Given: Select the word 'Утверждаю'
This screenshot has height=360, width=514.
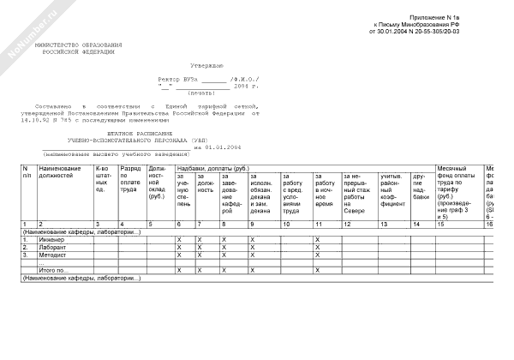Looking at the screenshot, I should pyautogui.click(x=206, y=65).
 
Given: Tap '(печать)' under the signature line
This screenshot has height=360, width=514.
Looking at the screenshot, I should pyautogui.click(x=202, y=92).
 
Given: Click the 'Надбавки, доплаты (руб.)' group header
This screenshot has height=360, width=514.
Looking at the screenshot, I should pyautogui.click(x=212, y=168).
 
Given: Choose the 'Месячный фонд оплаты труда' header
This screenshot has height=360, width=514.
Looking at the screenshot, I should pyautogui.click(x=454, y=181).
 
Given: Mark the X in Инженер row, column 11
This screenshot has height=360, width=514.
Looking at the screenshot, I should pyautogui.click(x=318, y=239).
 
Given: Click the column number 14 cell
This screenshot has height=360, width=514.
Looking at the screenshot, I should pyautogui.click(x=417, y=224).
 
